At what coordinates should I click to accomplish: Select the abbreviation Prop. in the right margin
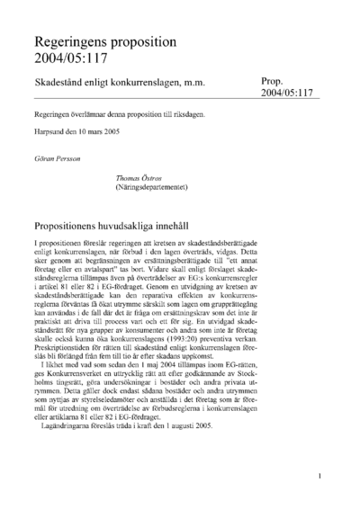[274, 80]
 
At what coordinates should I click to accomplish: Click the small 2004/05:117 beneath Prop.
[286, 93]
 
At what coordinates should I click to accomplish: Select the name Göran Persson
[56, 156]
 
